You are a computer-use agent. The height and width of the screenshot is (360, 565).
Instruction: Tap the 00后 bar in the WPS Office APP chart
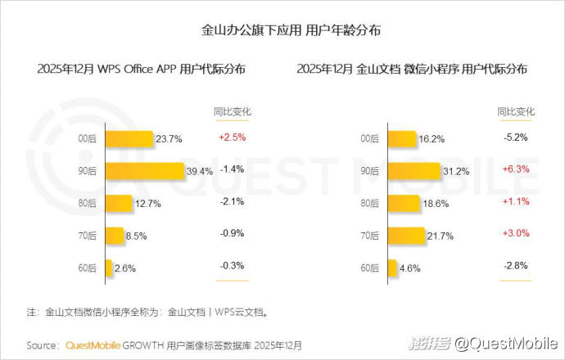(x=130, y=139)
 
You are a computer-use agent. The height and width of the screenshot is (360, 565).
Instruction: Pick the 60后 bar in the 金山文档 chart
(x=393, y=267)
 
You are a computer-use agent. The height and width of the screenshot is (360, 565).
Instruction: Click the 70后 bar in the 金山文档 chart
(x=407, y=235)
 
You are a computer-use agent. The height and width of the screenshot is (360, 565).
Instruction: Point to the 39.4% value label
(x=201, y=171)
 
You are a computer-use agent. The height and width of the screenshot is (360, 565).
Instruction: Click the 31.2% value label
(x=455, y=171)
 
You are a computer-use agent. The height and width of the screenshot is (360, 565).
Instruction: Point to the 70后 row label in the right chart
(x=370, y=235)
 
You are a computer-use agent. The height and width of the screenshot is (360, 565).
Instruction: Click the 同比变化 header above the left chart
(x=232, y=111)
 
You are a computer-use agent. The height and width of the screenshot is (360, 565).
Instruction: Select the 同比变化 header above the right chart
(x=516, y=111)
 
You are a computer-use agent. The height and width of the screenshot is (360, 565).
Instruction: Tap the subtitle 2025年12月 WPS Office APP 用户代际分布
(x=141, y=70)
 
